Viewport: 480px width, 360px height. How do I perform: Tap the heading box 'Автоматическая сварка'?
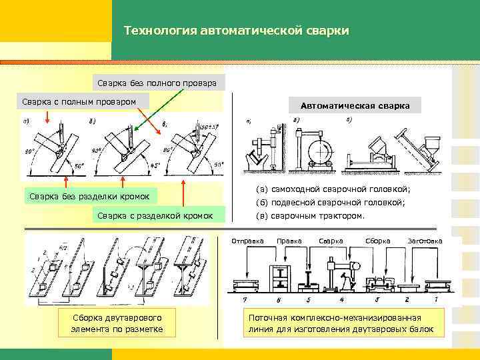point(355,105)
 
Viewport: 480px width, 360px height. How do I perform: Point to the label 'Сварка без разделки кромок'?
point(93,196)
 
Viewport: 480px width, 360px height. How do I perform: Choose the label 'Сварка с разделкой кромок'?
point(155,215)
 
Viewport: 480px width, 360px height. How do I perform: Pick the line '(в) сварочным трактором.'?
point(311,216)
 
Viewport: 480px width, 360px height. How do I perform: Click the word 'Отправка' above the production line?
point(247,241)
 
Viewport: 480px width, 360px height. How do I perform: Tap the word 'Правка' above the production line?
point(289,241)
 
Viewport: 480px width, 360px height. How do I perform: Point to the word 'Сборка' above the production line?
point(378,241)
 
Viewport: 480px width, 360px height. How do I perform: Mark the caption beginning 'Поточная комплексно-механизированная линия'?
point(341,323)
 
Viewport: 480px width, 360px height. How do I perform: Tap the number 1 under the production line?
point(435,299)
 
